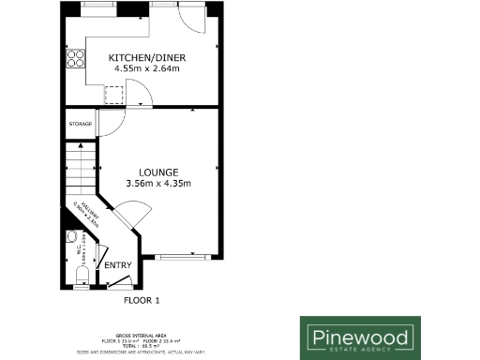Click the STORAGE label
coord(80,124)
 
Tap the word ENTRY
coord(118,265)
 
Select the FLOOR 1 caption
coord(143,301)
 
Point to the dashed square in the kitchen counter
coord(114,95)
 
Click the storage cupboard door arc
coord(109,126)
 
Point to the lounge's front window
coord(181,256)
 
